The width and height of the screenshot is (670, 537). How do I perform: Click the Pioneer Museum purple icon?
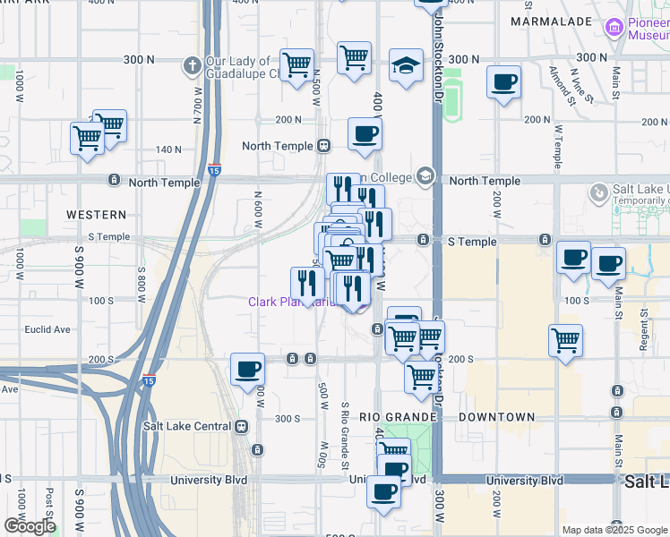click(614, 28)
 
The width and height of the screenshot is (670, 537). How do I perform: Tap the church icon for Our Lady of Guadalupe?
click(192, 65)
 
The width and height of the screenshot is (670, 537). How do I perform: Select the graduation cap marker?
click(406, 65)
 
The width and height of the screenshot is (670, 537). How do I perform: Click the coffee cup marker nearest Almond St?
click(503, 83)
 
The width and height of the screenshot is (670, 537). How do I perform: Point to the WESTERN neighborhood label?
click(96, 215)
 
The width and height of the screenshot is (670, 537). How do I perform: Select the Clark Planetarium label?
click(287, 303)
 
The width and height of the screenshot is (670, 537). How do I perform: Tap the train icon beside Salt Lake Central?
click(240, 427)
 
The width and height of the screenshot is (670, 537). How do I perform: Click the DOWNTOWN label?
click(497, 417)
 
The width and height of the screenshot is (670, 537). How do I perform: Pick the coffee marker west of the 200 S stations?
click(247, 369)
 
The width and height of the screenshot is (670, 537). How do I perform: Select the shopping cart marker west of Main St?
click(566, 340)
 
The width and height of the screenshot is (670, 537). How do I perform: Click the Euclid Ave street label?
click(48, 329)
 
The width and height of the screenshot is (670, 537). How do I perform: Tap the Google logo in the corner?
click(30, 526)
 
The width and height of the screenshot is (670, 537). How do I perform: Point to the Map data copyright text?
click(614, 530)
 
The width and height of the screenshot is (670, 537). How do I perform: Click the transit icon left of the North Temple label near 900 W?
click(114, 181)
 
